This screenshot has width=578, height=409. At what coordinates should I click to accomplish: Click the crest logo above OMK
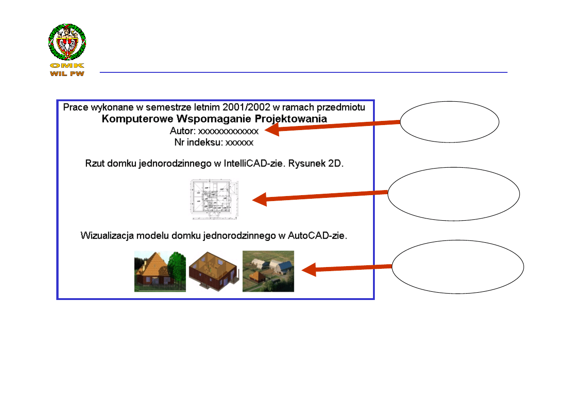coord(67,42)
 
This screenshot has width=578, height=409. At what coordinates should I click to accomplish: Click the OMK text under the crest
coord(67,66)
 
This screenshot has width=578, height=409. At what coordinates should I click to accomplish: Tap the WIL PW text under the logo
coord(67,74)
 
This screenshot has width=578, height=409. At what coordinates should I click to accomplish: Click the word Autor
coord(182,131)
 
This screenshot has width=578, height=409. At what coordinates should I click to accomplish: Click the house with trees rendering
coord(160,271)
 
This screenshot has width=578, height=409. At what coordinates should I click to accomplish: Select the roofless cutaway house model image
coord(214,271)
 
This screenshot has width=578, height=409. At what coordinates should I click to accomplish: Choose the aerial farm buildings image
coord(268,271)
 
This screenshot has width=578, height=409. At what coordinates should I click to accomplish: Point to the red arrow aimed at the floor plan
coord(320,196)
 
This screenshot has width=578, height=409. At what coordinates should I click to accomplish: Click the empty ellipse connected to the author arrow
coord(449,122)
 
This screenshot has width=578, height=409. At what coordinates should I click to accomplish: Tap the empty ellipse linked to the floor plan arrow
coord(454,194)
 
